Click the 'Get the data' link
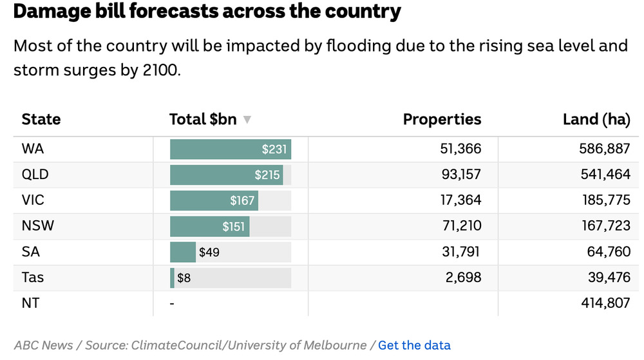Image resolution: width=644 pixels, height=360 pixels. (x=414, y=345)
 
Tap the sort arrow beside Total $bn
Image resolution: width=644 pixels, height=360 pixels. (x=247, y=119)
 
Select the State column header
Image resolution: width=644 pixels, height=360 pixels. (x=41, y=119)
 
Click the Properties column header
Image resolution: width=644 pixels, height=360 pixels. (x=442, y=119)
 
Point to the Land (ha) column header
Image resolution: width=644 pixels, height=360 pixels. (x=596, y=119)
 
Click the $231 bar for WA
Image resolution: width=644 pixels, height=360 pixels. (x=231, y=149)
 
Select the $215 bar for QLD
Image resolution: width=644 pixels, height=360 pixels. (x=226, y=175)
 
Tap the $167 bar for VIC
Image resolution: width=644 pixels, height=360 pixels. (x=214, y=200)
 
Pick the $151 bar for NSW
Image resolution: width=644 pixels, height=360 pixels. (x=209, y=226)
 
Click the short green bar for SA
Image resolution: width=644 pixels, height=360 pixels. (x=183, y=252)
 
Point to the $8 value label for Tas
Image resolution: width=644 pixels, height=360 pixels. (x=184, y=278)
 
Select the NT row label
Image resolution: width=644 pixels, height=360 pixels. (x=30, y=303)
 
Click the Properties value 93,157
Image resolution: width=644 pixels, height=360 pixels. (x=461, y=175)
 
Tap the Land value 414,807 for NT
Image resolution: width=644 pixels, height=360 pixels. (x=605, y=303)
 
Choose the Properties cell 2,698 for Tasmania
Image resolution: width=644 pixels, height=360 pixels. (x=463, y=278)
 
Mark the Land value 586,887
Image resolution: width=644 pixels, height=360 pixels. (x=605, y=149)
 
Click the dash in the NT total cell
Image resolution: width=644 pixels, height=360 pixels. (x=172, y=304)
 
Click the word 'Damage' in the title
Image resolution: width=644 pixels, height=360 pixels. (x=52, y=12)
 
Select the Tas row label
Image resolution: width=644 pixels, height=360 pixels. (x=32, y=278)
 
